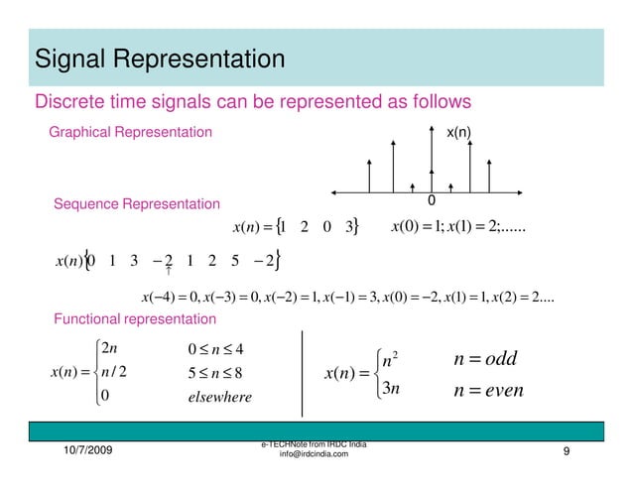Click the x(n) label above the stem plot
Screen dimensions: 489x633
[x=457, y=132]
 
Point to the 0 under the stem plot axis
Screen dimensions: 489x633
[x=431, y=201]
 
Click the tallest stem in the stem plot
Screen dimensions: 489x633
[x=432, y=165]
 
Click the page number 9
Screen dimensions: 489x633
[x=565, y=452]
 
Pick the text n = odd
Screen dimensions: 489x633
[x=482, y=358]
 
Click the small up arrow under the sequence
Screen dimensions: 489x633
[x=170, y=269]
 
